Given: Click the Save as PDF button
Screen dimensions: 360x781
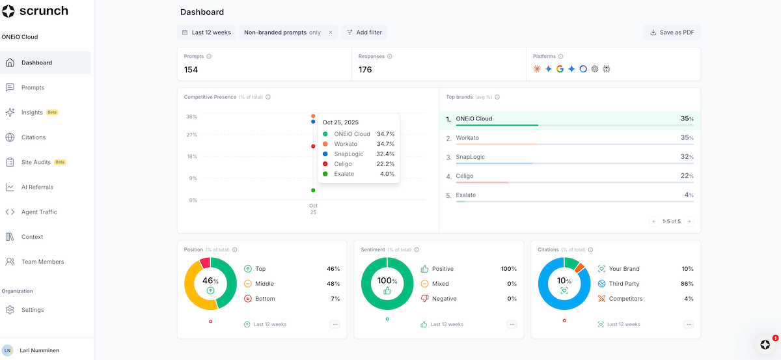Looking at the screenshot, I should coord(672,32).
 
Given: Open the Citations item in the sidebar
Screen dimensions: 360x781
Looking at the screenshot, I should coord(33,137).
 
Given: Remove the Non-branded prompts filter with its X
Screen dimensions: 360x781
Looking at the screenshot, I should coord(330,32).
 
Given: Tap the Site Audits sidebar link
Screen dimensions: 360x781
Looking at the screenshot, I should coord(36,162).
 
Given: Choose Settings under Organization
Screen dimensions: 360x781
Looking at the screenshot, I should coord(33,310).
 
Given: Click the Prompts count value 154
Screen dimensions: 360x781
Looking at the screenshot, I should coord(191,70).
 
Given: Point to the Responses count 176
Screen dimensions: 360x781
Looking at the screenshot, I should coord(365,70).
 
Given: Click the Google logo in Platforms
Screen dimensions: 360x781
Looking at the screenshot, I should coord(560,69).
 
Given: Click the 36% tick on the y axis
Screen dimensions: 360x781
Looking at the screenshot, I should coord(191,117).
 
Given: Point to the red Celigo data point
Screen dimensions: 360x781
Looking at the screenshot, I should coord(313,146).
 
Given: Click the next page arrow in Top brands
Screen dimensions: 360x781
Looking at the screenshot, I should coord(689,221).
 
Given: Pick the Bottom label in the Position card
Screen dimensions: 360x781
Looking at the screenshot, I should coord(265,299).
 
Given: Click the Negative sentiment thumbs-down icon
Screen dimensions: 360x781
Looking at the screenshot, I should coord(424,299).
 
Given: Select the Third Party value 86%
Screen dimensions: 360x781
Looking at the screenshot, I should coord(687,284).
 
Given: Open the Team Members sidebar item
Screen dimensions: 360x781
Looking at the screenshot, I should coord(43,262).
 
